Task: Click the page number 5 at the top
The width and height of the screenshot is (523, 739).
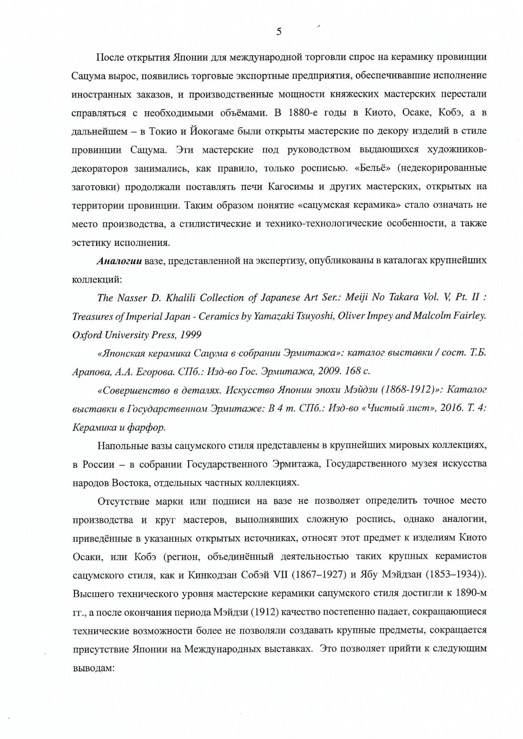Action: point(279,32)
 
